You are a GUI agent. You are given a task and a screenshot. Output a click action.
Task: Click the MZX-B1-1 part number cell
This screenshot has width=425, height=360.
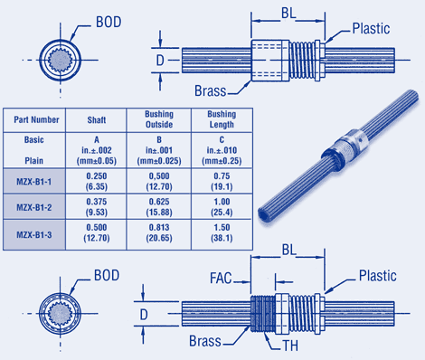34,182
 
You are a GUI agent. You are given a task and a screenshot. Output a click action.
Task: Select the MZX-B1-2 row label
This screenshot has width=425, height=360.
34,207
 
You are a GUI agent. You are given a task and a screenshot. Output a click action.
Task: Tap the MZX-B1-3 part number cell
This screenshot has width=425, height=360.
34,234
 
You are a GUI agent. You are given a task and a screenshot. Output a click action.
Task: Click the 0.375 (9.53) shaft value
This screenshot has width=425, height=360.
97,207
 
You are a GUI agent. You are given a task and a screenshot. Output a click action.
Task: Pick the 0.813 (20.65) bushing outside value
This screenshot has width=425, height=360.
159,232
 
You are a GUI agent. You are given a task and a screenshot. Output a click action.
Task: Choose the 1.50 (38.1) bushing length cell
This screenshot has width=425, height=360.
222,232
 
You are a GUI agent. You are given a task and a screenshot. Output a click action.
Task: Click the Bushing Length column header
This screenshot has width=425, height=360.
222,119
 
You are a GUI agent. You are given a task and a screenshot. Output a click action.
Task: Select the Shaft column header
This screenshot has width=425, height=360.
97,120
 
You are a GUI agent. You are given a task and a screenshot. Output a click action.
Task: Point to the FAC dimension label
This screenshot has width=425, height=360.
221,279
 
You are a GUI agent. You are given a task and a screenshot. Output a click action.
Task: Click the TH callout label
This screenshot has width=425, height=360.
290,346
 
